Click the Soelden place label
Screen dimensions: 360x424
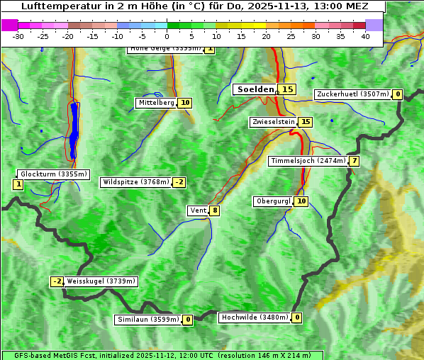tap(255, 89)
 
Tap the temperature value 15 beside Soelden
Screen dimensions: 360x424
tap(286, 89)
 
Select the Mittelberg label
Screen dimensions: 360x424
tap(156, 103)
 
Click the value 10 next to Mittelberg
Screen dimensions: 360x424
tap(185, 103)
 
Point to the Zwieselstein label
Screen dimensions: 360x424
tap(273, 122)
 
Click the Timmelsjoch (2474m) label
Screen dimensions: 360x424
tap(308, 161)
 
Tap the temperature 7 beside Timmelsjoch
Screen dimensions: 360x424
tap(354, 161)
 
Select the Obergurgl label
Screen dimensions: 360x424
tap(273, 201)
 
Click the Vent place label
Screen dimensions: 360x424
tap(198, 210)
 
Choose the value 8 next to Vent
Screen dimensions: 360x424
tap(214, 210)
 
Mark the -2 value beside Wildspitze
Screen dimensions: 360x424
tap(179, 182)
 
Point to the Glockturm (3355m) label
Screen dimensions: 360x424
tap(53, 174)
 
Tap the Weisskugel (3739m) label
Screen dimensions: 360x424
tap(101, 281)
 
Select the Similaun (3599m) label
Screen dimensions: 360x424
tap(148, 320)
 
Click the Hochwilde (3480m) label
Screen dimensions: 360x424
tap(254, 317)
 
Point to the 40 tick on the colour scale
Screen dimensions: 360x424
tap(365, 35)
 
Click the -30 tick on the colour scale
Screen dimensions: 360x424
tap(18, 35)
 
